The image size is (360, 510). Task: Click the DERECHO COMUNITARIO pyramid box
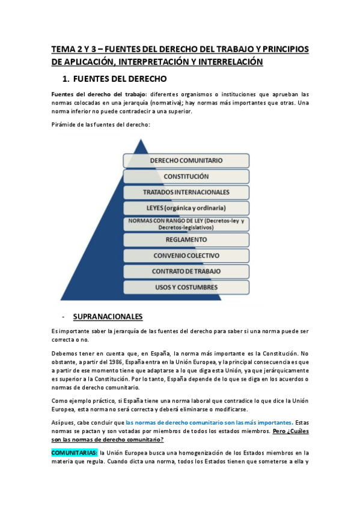tap(186, 161)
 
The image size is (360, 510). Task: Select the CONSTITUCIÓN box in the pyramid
tap(186, 176)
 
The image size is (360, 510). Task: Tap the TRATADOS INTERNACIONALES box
tap(186, 192)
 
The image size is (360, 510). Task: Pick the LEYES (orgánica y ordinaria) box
tap(186, 208)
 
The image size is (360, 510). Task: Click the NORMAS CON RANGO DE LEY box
tap(186, 224)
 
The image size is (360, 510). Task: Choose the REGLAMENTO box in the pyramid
tap(186, 239)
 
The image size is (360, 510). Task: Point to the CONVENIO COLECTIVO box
tap(186, 256)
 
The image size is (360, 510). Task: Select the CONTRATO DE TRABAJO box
tap(186, 271)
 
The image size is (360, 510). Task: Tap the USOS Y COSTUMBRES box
tap(186, 287)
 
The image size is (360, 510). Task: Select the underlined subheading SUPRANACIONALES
tap(108, 316)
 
